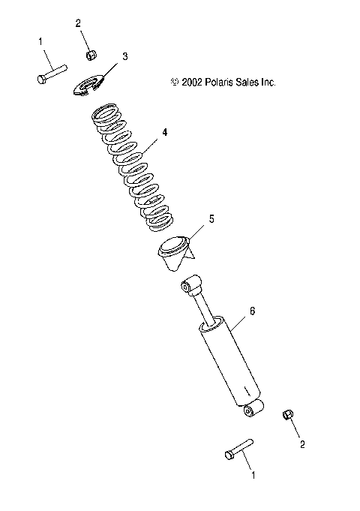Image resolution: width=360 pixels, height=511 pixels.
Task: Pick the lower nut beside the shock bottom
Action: [286, 415]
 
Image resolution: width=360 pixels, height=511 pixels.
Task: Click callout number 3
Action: [125, 56]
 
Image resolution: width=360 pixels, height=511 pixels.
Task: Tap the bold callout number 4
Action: [165, 132]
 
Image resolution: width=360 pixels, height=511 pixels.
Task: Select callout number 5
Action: [211, 219]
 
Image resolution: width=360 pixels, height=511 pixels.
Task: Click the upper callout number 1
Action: [40, 44]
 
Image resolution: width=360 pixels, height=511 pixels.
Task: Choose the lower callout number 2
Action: [302, 443]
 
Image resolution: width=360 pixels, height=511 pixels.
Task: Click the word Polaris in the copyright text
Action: [218, 83]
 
